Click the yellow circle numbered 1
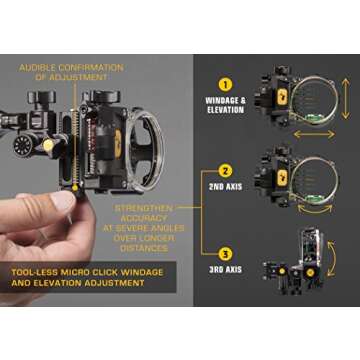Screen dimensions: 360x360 click(x=226, y=85)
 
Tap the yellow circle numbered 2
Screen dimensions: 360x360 click(x=226, y=170)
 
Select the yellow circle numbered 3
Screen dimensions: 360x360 click(x=226, y=253)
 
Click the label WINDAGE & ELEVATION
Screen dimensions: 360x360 click(x=226, y=107)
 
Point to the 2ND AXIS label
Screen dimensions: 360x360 click(x=226, y=188)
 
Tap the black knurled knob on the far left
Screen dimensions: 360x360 click(x=23, y=146)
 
